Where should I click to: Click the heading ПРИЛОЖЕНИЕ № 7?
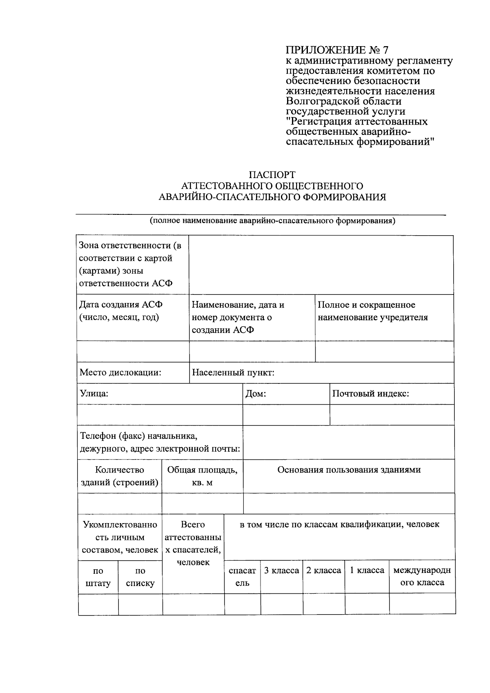point(337,50)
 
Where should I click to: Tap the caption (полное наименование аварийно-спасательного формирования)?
point(272,221)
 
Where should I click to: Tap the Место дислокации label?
point(120,372)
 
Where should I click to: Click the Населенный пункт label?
point(233,372)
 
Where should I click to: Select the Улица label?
point(94,394)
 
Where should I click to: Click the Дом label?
point(256,394)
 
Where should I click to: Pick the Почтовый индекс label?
point(370,394)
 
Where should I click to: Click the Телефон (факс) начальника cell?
point(159,442)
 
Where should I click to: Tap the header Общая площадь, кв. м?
point(202,476)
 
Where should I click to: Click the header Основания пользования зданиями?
point(349,470)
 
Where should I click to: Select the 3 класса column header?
point(281,570)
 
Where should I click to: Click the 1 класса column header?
point(367,570)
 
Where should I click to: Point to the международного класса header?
point(422,576)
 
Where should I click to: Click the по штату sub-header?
point(98,577)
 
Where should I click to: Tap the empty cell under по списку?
point(140,604)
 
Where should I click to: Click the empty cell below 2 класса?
point(323,604)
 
